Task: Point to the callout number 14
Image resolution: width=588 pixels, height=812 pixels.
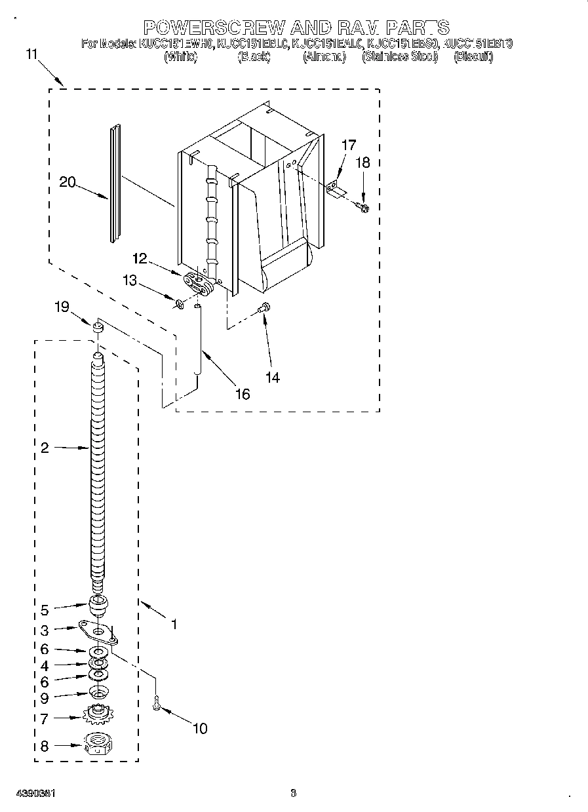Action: point(272,377)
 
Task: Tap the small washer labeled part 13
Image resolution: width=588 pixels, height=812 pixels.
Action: point(180,303)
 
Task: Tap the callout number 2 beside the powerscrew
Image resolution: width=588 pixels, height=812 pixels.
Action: point(44,448)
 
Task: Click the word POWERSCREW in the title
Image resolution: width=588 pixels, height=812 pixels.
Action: point(214,27)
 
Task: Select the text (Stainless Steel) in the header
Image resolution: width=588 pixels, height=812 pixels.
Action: point(400,57)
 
